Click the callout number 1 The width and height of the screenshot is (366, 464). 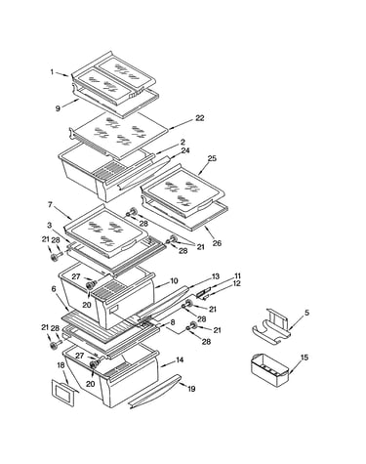click(x=53, y=72)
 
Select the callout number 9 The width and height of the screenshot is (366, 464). click(x=58, y=108)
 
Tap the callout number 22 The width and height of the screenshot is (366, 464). click(x=199, y=118)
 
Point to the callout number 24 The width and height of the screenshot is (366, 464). click(x=185, y=150)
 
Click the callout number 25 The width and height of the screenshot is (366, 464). click(x=212, y=158)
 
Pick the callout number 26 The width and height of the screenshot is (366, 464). click(x=217, y=243)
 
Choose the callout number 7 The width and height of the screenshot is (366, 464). click(x=50, y=205)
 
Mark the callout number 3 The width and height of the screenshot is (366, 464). click(x=50, y=225)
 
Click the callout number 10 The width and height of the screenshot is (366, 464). click(x=174, y=280)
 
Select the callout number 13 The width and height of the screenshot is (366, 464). click(x=216, y=276)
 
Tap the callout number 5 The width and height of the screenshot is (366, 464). click(x=306, y=313)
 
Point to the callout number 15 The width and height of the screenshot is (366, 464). click(x=304, y=358)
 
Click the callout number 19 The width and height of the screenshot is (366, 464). click(x=191, y=389)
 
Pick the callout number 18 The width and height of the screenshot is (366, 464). click(x=61, y=365)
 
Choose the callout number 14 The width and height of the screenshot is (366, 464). click(x=180, y=359)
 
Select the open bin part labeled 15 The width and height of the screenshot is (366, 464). click(x=269, y=370)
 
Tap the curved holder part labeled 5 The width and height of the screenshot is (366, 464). click(x=271, y=327)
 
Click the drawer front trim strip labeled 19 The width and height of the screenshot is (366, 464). click(x=154, y=392)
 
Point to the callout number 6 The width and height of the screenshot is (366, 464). click(x=54, y=289)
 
